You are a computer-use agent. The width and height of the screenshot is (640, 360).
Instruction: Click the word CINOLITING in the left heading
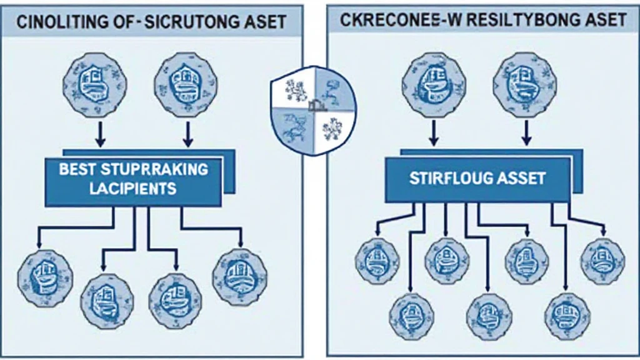click(x=60, y=23)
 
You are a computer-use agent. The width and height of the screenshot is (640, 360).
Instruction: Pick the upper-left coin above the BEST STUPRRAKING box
click(x=95, y=83)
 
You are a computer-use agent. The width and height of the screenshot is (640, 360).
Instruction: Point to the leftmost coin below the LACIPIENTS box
click(x=45, y=277)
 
